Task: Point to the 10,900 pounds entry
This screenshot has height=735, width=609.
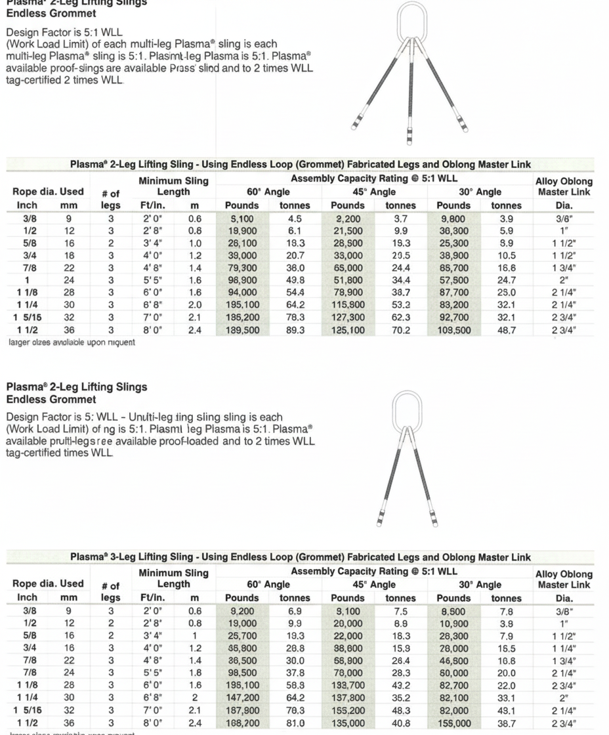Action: tap(453, 623)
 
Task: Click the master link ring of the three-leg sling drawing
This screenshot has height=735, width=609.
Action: tap(413, 21)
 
